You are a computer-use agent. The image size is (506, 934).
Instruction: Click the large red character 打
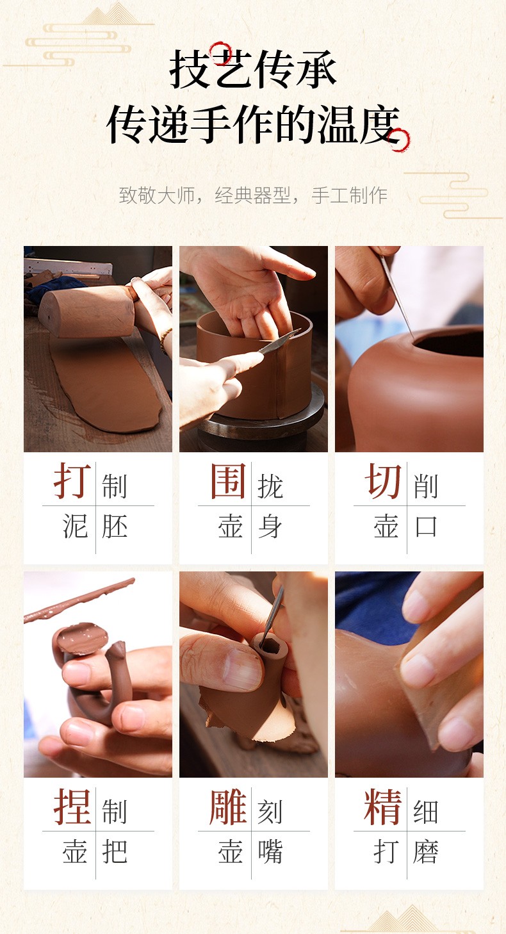[x=72, y=480]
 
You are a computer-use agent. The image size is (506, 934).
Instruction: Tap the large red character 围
[x=228, y=480]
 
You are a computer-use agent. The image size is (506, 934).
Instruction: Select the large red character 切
[x=382, y=480]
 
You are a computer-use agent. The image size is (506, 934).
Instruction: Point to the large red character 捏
[x=72, y=806]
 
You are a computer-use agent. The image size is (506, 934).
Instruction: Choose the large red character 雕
[x=228, y=806]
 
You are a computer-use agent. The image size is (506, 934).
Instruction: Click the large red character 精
[x=382, y=806]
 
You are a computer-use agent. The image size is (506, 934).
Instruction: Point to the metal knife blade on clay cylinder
[x=279, y=343]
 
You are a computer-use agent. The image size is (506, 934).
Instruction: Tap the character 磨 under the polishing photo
[x=425, y=851]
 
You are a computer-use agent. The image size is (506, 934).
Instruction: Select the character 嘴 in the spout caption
[x=270, y=851]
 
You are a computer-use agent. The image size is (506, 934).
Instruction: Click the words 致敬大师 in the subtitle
[x=157, y=195]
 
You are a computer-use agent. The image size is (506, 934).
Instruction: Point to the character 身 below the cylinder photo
[x=270, y=526]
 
